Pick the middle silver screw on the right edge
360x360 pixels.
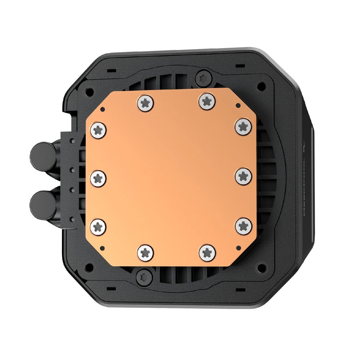pos(243,176)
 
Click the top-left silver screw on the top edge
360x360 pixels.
pos(145,102)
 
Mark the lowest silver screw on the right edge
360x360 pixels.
pos(243,225)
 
